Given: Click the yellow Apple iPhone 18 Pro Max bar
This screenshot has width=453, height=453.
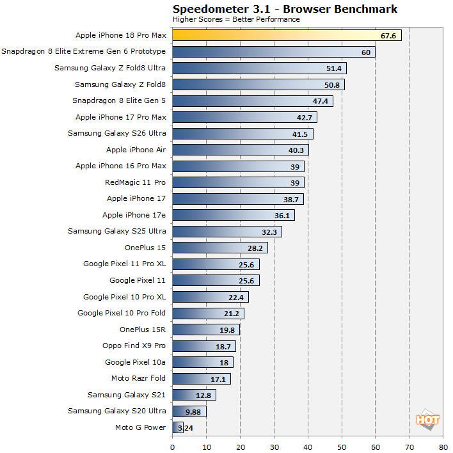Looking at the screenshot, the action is click(x=287, y=35).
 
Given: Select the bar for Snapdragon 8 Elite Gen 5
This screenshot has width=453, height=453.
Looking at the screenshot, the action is click(x=253, y=101).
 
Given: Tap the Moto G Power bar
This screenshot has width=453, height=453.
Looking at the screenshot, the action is click(x=178, y=427).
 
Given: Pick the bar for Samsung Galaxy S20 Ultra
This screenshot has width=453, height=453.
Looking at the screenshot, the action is click(x=189, y=411).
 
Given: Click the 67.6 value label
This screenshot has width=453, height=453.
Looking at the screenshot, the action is click(x=388, y=36).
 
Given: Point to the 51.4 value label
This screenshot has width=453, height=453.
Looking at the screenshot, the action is click(x=334, y=68).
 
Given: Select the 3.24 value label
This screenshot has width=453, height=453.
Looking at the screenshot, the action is click(x=186, y=428).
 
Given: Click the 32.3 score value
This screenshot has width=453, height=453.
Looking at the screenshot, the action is click(x=269, y=232).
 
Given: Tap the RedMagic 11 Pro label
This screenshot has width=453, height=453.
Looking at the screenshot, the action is click(x=135, y=182).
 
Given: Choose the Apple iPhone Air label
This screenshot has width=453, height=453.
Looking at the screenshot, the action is click(x=136, y=150).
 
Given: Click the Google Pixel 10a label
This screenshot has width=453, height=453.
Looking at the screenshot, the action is click(x=135, y=362).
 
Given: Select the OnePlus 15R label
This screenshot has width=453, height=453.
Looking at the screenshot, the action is click(x=143, y=330).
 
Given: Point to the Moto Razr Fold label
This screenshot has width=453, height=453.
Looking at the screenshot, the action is click(x=138, y=378).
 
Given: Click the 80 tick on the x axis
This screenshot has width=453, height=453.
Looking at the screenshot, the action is click(x=443, y=447).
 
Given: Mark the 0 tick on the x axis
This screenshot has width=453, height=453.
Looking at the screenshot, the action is click(x=173, y=447).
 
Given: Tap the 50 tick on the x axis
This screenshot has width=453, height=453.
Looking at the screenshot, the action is click(x=342, y=447).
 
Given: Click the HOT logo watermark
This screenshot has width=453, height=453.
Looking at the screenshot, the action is click(x=427, y=420).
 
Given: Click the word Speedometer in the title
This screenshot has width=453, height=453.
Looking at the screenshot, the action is click(x=211, y=9).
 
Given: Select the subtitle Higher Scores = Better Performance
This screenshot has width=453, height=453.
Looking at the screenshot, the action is click(x=236, y=19).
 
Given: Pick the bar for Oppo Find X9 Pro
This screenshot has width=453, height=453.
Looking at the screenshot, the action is click(x=204, y=346).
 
